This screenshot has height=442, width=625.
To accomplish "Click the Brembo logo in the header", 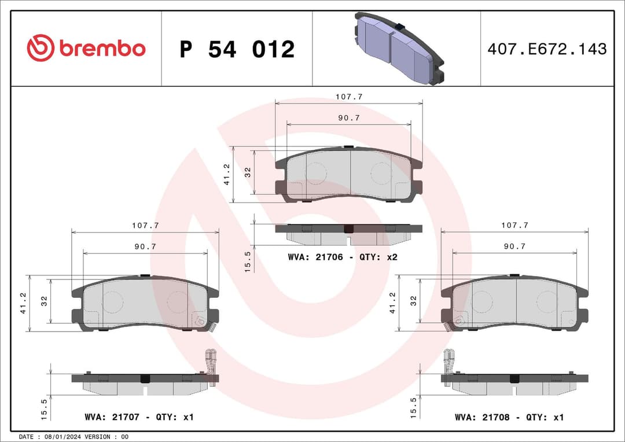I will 86,49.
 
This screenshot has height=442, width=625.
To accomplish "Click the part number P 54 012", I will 237,50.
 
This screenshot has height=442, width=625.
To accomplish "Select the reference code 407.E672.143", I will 547,49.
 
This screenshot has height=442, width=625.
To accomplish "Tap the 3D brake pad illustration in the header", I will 397,49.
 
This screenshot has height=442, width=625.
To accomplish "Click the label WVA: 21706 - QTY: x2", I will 342,256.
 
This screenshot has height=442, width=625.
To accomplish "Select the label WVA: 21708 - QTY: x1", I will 509,417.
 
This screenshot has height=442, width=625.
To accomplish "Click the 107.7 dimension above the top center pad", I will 349,97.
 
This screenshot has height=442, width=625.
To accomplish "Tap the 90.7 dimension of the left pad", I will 145,246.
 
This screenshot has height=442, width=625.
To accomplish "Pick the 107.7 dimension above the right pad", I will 514,226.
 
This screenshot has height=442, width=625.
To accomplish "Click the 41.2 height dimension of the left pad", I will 24,303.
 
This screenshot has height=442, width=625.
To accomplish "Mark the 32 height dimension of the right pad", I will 413,301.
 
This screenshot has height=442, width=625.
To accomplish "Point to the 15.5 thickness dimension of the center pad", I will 247,261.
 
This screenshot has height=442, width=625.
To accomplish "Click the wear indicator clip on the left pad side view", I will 211,362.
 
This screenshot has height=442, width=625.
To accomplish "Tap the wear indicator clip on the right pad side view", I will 449,362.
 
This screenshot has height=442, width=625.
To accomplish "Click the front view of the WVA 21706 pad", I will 348,174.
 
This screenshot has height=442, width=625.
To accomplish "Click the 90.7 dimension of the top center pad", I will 349,118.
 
